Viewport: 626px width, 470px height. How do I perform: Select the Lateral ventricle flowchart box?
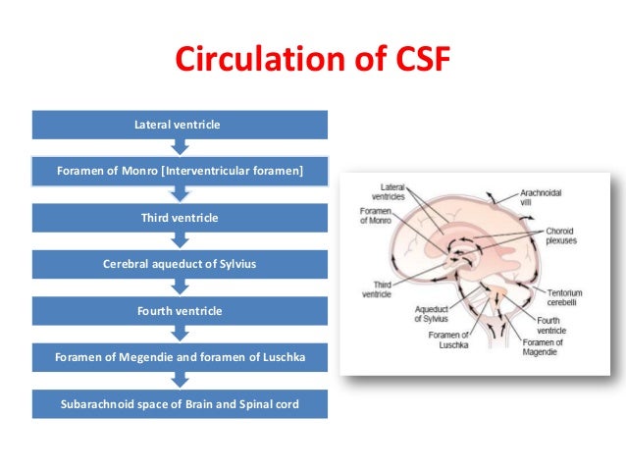click(x=178, y=125)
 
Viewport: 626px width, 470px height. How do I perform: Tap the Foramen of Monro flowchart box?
click(x=178, y=171)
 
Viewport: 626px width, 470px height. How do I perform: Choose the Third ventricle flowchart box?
click(x=178, y=217)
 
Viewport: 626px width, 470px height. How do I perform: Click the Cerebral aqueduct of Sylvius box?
click(x=178, y=263)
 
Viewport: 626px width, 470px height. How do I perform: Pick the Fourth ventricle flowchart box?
click(x=178, y=310)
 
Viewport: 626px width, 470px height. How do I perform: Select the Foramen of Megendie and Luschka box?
click(x=178, y=356)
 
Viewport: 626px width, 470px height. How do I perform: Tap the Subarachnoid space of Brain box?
click(x=178, y=402)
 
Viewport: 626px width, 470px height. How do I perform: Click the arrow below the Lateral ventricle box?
click(x=178, y=147)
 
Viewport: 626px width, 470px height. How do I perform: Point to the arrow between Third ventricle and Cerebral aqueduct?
click(x=178, y=240)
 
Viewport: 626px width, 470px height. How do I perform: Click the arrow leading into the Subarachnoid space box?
click(x=178, y=380)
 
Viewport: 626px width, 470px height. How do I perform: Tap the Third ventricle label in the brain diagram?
click(x=378, y=289)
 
